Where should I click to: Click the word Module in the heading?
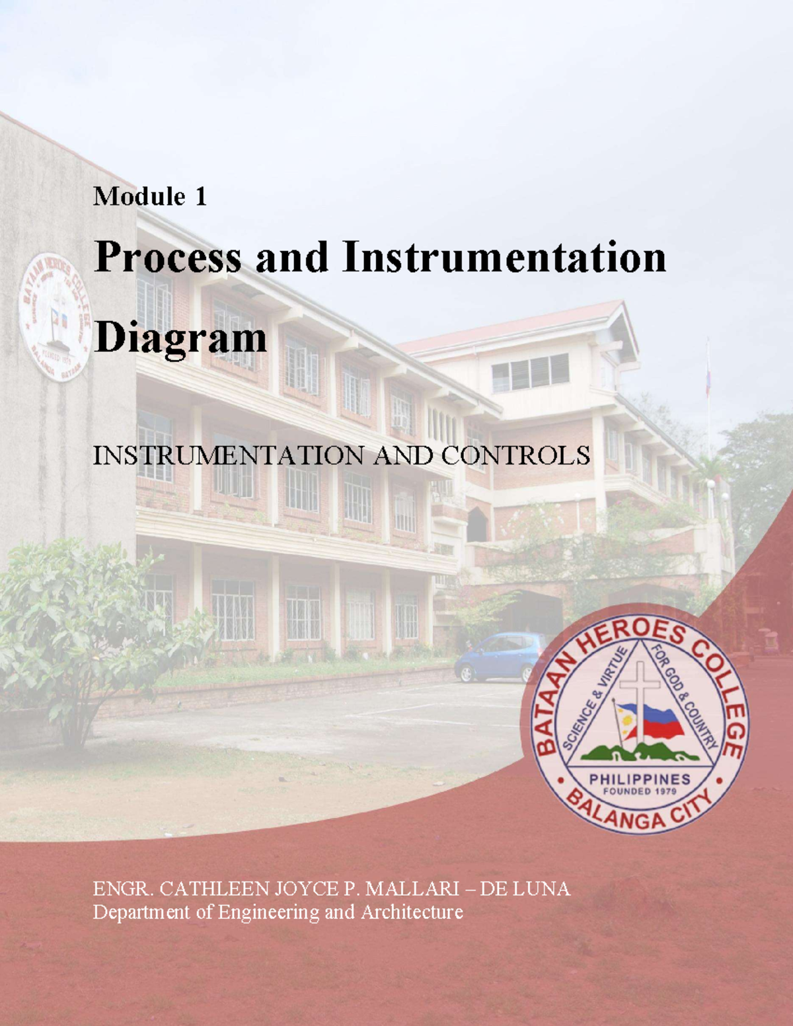click(x=139, y=196)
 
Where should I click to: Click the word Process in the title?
click(x=168, y=258)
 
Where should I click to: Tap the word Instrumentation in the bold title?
click(x=504, y=258)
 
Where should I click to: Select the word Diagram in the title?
click(x=180, y=338)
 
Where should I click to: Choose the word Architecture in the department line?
click(x=411, y=912)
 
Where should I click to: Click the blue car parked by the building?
click(x=500, y=657)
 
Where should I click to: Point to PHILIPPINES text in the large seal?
click(x=639, y=780)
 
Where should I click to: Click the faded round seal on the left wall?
click(x=55, y=317)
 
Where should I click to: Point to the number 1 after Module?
click(x=200, y=196)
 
